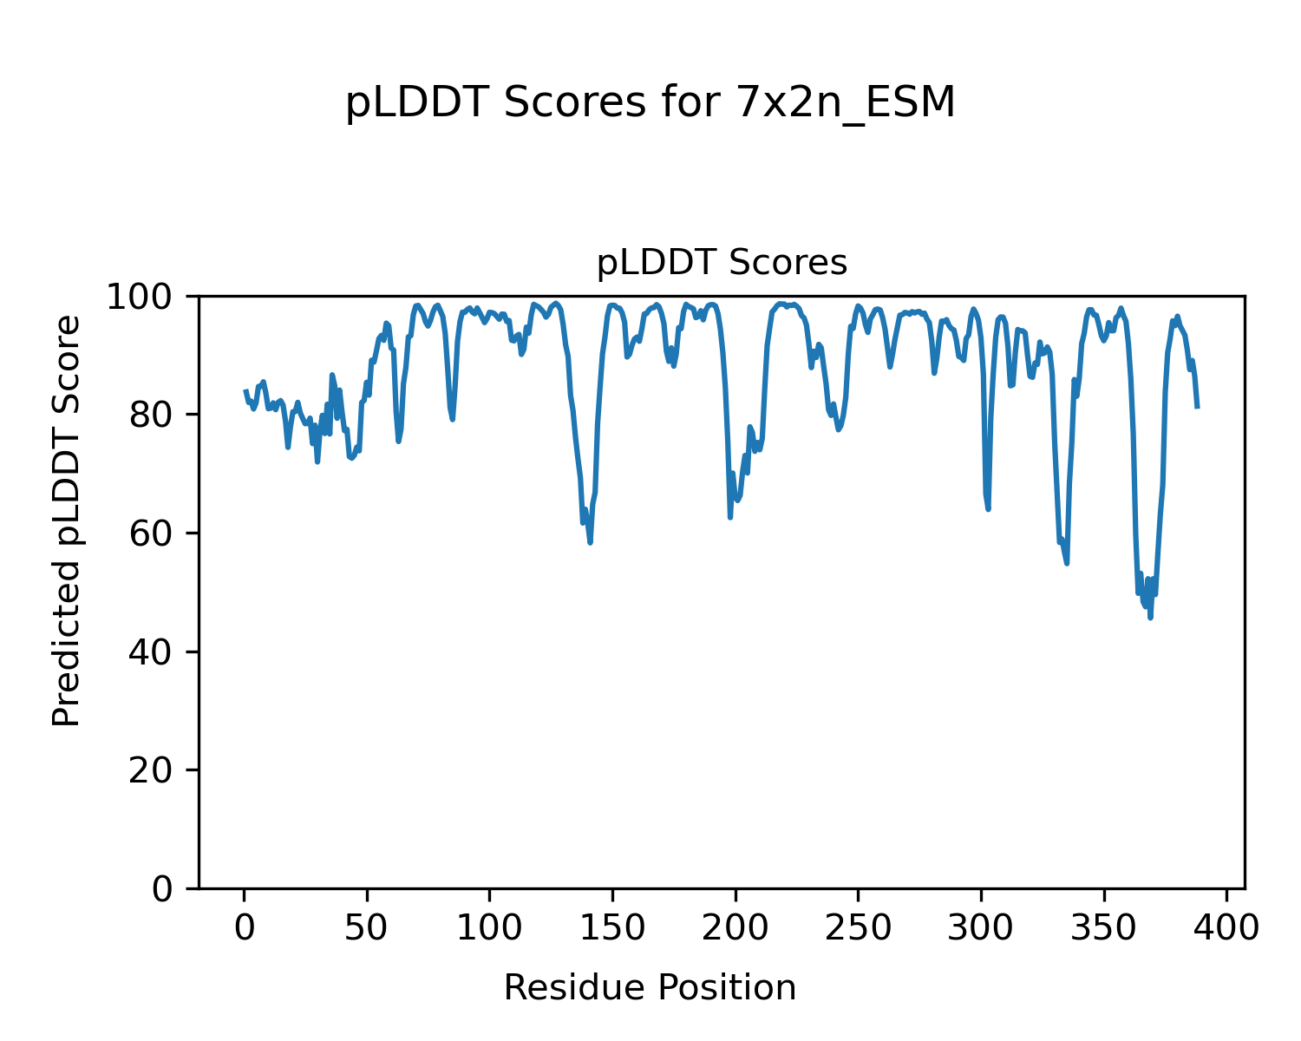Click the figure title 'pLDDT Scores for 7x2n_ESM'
(x=650, y=104)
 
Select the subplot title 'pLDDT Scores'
(x=722, y=263)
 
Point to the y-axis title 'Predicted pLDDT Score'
(x=67, y=520)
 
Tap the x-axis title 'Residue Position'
(x=650, y=988)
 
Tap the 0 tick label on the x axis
(x=245, y=928)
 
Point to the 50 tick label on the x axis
(x=367, y=928)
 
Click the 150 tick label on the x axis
(x=612, y=928)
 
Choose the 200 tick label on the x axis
(x=735, y=928)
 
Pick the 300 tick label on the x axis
(x=981, y=928)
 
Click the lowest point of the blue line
(x=1151, y=618)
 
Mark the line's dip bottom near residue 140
(x=590, y=542)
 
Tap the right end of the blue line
(x=1197, y=407)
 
